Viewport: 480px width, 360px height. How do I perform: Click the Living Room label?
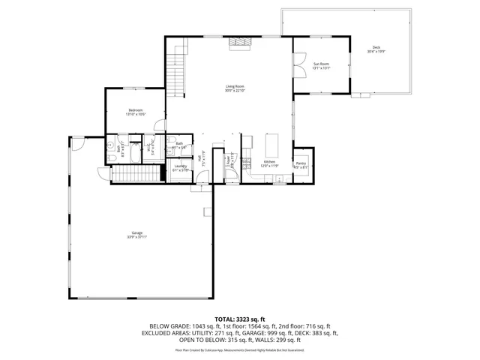(x=235, y=86)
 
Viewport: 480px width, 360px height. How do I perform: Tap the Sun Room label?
(x=321, y=64)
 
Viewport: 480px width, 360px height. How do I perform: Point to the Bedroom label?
(x=136, y=110)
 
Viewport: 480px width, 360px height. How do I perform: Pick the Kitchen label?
(x=269, y=161)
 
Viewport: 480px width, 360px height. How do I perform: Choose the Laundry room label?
(x=180, y=166)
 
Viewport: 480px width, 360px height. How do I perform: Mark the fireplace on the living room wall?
(x=238, y=43)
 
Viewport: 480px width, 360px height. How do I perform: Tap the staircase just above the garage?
(x=136, y=175)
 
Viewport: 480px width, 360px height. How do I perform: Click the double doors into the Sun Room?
(x=298, y=64)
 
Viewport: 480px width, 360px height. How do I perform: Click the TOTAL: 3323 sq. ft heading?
(x=239, y=319)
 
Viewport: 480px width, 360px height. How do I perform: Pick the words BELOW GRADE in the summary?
(x=166, y=326)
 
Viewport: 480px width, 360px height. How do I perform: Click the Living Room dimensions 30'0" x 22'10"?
(x=235, y=91)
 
